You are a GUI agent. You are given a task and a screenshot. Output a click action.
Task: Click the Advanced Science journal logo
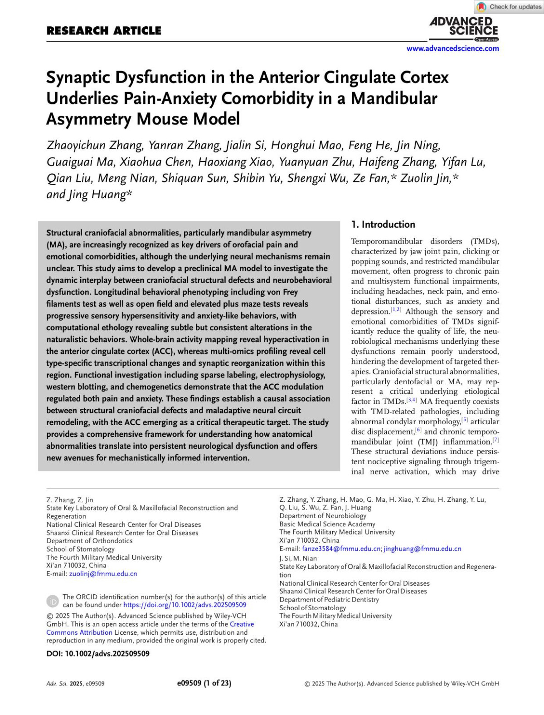[x=463, y=28]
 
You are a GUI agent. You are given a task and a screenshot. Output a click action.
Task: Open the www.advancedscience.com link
[x=452, y=49]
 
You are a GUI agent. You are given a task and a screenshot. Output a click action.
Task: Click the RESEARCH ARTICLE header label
[x=104, y=31]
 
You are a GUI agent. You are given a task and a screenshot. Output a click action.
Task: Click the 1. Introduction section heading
[x=383, y=225]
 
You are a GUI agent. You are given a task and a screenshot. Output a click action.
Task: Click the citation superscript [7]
[x=495, y=440]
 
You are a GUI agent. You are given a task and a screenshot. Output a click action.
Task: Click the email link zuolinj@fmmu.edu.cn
[x=103, y=574]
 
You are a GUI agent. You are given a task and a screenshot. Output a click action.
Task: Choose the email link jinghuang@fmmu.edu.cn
[x=422, y=549]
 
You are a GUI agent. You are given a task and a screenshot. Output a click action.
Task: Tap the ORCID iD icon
[x=53, y=601]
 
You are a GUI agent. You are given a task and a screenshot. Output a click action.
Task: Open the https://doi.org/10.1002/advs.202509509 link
[x=185, y=605]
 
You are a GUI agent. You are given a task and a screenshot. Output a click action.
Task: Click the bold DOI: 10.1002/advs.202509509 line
[x=98, y=654]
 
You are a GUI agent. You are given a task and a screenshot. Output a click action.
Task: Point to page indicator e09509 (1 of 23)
[x=204, y=683]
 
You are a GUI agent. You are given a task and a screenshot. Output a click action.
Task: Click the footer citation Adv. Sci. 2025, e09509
[x=75, y=684]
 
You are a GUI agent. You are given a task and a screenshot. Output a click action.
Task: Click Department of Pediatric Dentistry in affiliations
[x=329, y=600]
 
